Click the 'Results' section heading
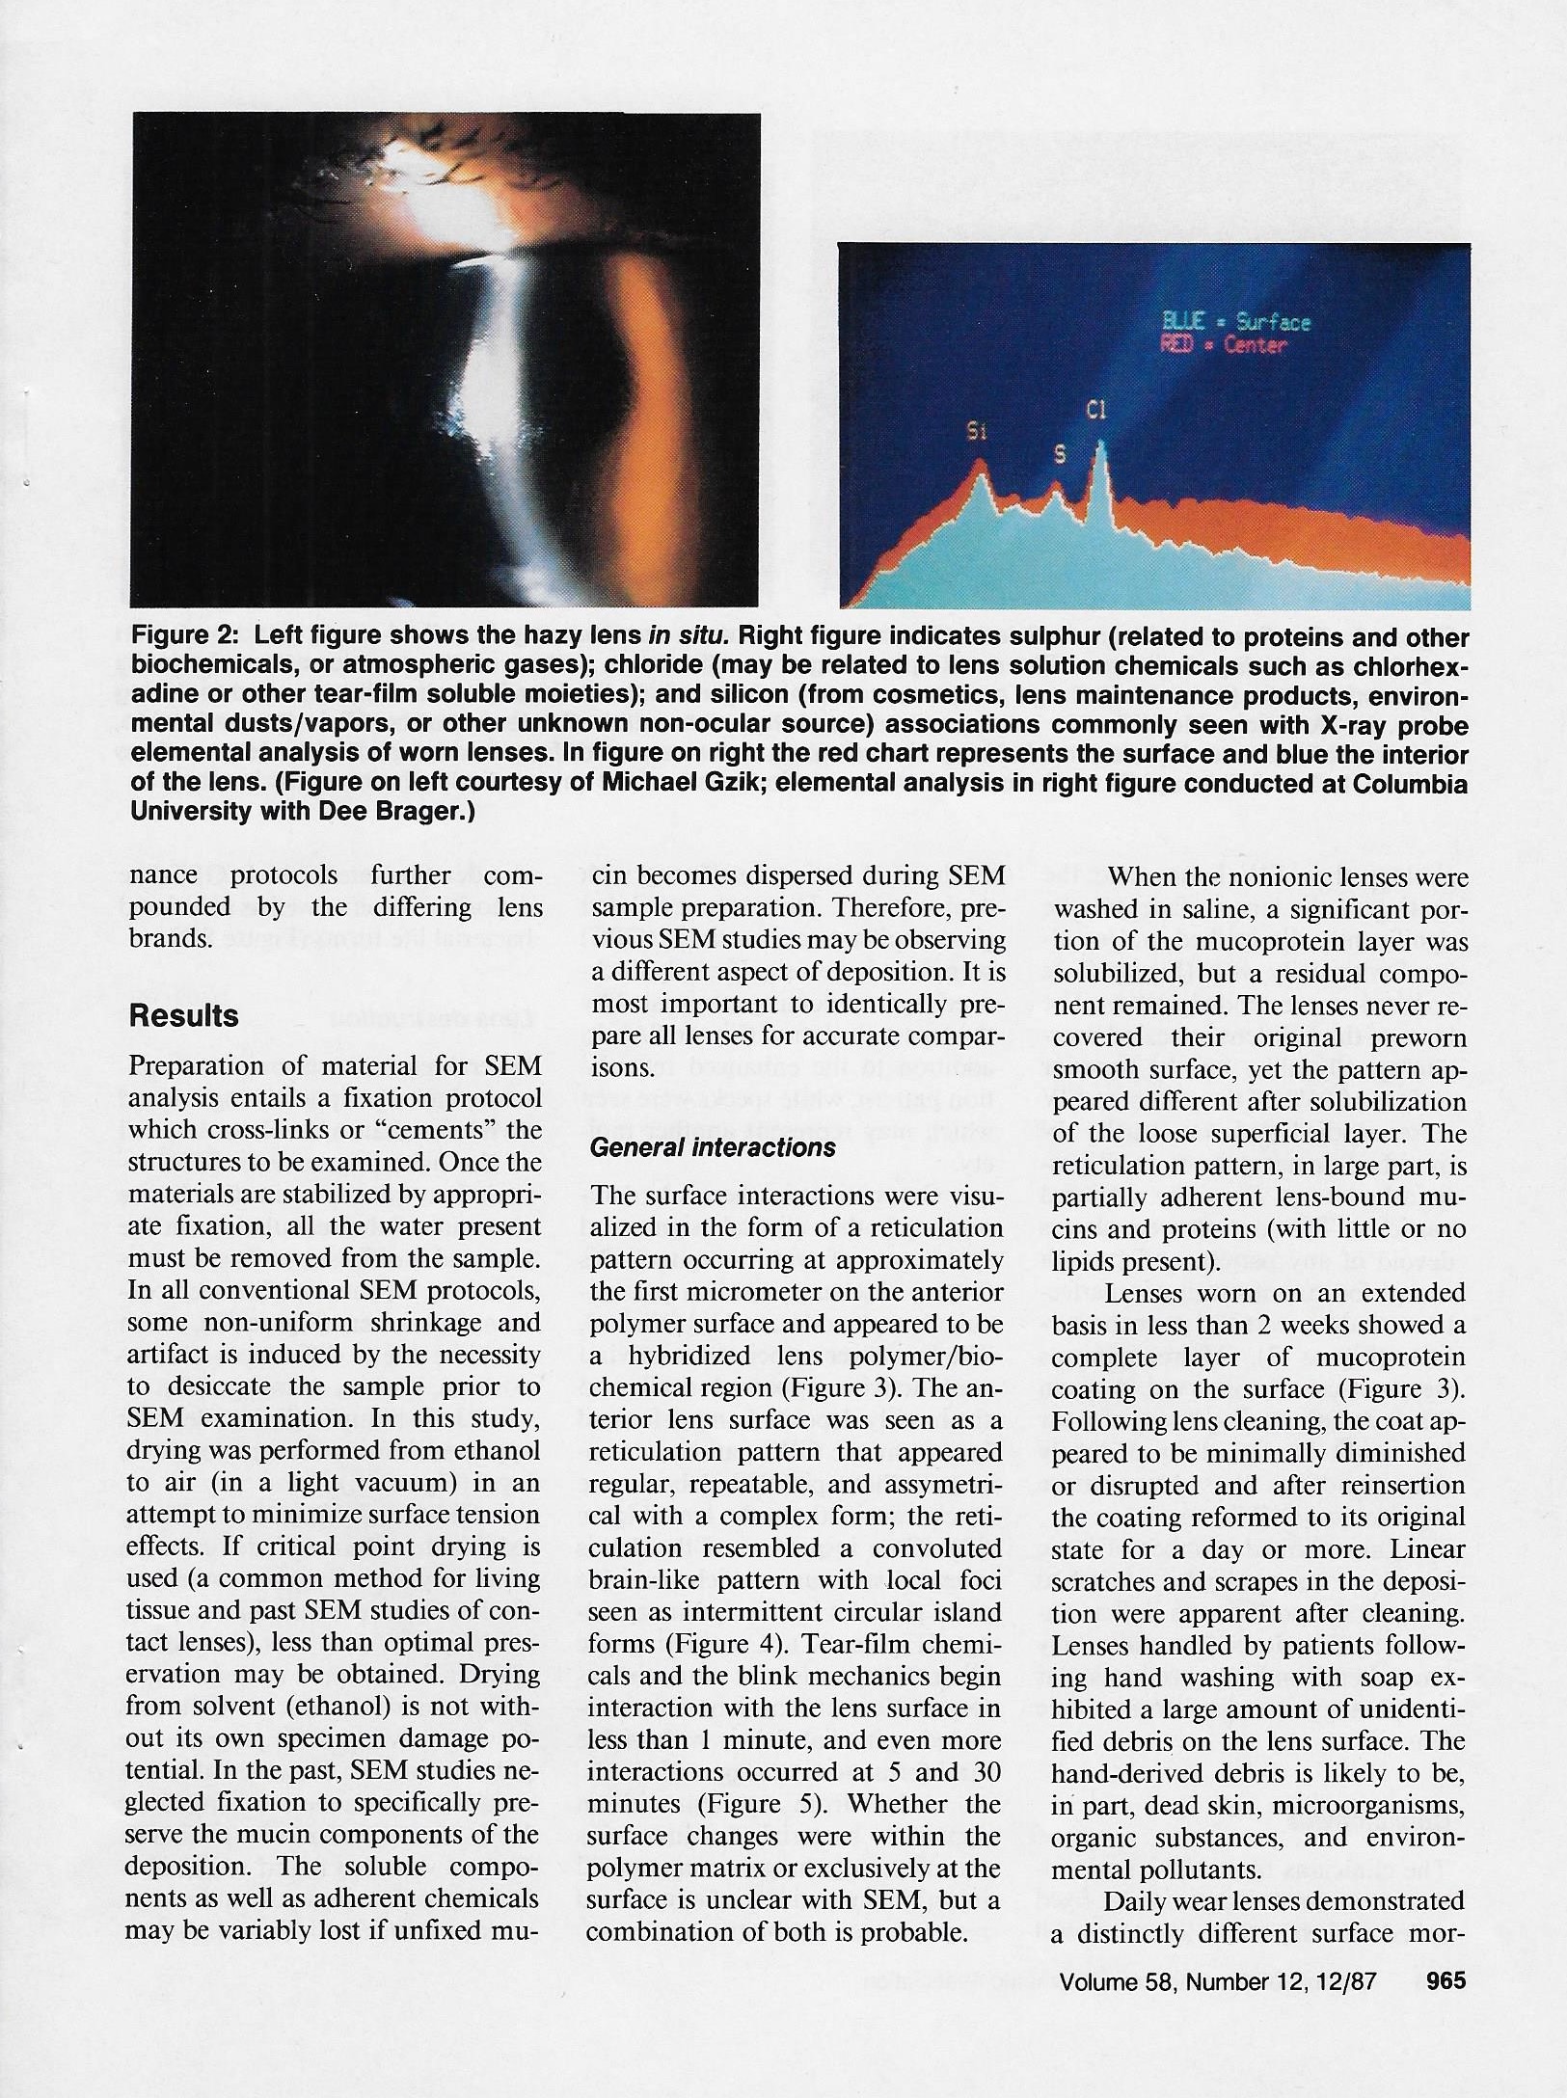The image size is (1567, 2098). tap(184, 1016)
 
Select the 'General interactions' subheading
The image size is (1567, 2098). tap(713, 1147)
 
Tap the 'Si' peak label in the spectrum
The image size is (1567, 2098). tap(977, 433)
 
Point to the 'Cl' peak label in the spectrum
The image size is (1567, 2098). tap(1095, 411)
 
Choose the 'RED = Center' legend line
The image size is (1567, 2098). tap(1225, 345)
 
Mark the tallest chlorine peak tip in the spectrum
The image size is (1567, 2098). tap(1101, 444)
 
